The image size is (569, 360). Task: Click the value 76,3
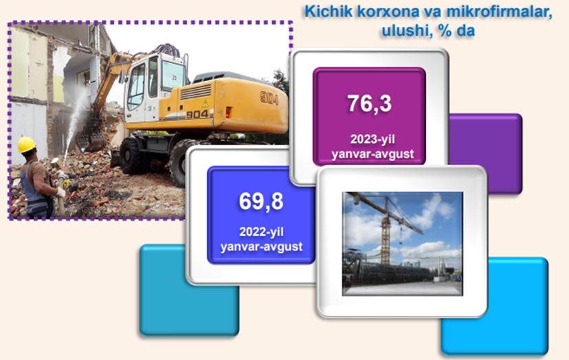(370, 103)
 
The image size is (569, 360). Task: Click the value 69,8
(261, 201)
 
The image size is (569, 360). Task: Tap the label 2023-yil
(372, 139)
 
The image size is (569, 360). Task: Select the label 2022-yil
(261, 232)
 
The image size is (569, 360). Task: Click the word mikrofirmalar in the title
(499, 11)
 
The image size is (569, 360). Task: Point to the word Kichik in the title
(328, 11)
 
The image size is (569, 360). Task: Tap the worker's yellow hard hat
(27, 144)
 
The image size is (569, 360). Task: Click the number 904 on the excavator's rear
(269, 98)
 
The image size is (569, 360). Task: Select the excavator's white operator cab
(153, 87)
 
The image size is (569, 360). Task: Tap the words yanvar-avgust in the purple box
(372, 154)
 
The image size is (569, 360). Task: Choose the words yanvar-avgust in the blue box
(261, 247)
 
